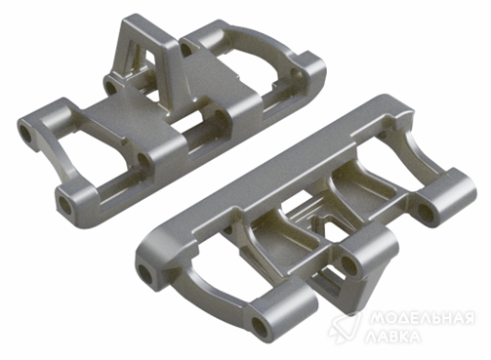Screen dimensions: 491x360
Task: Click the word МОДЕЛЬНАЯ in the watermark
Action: [x=423, y=318]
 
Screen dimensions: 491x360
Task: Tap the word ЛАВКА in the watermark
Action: [x=392, y=337]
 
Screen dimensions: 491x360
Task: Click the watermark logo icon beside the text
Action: [x=345, y=327]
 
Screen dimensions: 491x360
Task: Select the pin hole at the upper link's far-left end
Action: [x=25, y=135]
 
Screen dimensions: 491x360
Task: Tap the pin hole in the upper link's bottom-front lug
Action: [x=64, y=204]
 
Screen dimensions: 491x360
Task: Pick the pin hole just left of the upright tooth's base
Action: [x=111, y=87]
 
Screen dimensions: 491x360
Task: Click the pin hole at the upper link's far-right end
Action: [x=295, y=73]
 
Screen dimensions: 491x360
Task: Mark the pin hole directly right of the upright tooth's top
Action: [x=185, y=50]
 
